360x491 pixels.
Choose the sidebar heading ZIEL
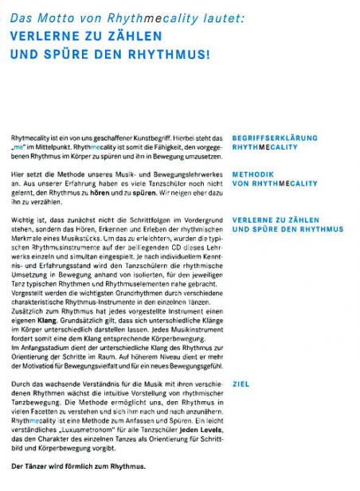[x=241, y=384]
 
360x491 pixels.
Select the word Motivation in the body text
[x=58, y=362]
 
